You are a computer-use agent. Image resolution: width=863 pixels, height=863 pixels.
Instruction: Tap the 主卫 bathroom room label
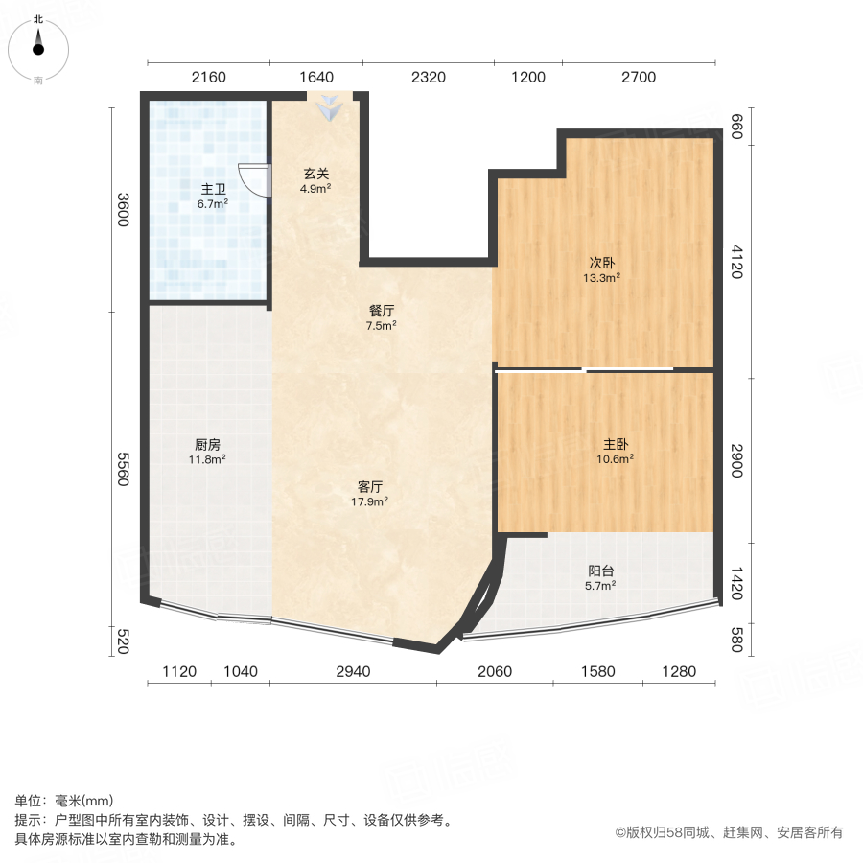pyautogui.click(x=213, y=190)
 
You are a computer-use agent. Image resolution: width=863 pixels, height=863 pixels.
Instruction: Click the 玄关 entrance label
pyautogui.click(x=316, y=175)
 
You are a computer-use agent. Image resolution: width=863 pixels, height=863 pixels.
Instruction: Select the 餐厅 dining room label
pyautogui.click(x=382, y=312)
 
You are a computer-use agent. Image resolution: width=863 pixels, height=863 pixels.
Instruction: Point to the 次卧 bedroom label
pyautogui.click(x=602, y=265)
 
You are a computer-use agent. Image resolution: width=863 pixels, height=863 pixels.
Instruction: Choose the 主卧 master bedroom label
pyautogui.click(x=616, y=444)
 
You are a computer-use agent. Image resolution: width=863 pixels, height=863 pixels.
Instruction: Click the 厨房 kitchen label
pyautogui.click(x=208, y=444)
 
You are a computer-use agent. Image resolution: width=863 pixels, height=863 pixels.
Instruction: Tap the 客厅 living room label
pyautogui.click(x=370, y=487)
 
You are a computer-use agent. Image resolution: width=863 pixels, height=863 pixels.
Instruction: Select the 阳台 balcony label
pyautogui.click(x=601, y=571)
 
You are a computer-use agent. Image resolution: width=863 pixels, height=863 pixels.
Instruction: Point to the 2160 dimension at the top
pyautogui.click(x=208, y=78)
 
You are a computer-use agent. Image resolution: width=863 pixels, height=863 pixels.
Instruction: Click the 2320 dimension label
pyautogui.click(x=428, y=78)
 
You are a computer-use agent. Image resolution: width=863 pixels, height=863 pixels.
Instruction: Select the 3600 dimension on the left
pyautogui.click(x=123, y=210)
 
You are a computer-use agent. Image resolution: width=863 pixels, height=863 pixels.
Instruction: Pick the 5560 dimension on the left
pyautogui.click(x=123, y=469)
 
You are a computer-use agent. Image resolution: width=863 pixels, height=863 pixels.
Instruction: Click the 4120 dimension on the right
pyautogui.click(x=735, y=261)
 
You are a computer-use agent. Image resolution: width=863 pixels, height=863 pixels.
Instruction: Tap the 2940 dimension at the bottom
pyautogui.click(x=353, y=671)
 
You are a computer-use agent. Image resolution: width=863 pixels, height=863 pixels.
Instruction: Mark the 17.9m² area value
pyautogui.click(x=370, y=501)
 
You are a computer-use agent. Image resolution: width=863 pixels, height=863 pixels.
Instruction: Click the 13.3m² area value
pyautogui.click(x=602, y=279)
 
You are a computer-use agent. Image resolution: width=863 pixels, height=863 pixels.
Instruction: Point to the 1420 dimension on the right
pyautogui.click(x=735, y=583)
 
